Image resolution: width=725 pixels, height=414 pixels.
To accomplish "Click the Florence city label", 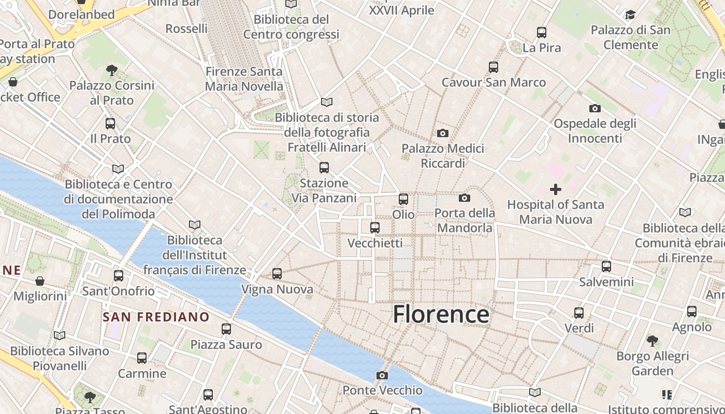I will [x=441, y=314].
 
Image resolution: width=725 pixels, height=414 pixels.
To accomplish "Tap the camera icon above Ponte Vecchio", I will [x=382, y=375].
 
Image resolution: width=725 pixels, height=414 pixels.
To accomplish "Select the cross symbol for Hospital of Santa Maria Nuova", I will [x=556, y=189].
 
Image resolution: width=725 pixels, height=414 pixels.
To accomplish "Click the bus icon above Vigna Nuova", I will [x=277, y=274].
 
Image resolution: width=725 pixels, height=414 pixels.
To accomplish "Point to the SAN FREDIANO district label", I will [x=156, y=317].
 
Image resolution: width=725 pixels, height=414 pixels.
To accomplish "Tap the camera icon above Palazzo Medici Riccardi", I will [x=442, y=134].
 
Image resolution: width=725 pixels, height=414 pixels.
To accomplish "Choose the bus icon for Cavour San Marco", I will [x=494, y=67].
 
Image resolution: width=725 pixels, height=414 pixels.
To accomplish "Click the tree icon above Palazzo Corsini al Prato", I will [x=111, y=70].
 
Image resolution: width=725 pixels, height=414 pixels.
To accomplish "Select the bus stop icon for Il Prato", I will [x=110, y=124].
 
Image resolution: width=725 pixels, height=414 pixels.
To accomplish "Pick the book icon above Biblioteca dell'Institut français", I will [x=195, y=225].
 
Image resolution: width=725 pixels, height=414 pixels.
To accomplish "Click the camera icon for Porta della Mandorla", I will [x=465, y=198].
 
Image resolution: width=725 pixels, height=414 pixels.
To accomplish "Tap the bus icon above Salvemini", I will [x=606, y=267].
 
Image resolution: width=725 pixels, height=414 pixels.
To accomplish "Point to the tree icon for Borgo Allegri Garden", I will [x=653, y=341].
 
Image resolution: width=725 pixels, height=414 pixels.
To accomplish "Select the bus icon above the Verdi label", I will [x=579, y=313].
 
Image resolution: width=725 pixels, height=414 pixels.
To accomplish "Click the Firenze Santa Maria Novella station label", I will [x=244, y=79].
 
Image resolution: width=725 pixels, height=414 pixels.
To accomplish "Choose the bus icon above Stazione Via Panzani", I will [x=324, y=168].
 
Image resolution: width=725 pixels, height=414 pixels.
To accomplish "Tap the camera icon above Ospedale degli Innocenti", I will [x=595, y=108].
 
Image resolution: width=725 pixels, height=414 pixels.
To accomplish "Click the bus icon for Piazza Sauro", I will [x=226, y=329].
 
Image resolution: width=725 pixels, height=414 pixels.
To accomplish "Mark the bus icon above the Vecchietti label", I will [x=375, y=227].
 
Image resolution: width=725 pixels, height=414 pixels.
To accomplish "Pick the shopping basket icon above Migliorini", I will [x=40, y=281].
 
